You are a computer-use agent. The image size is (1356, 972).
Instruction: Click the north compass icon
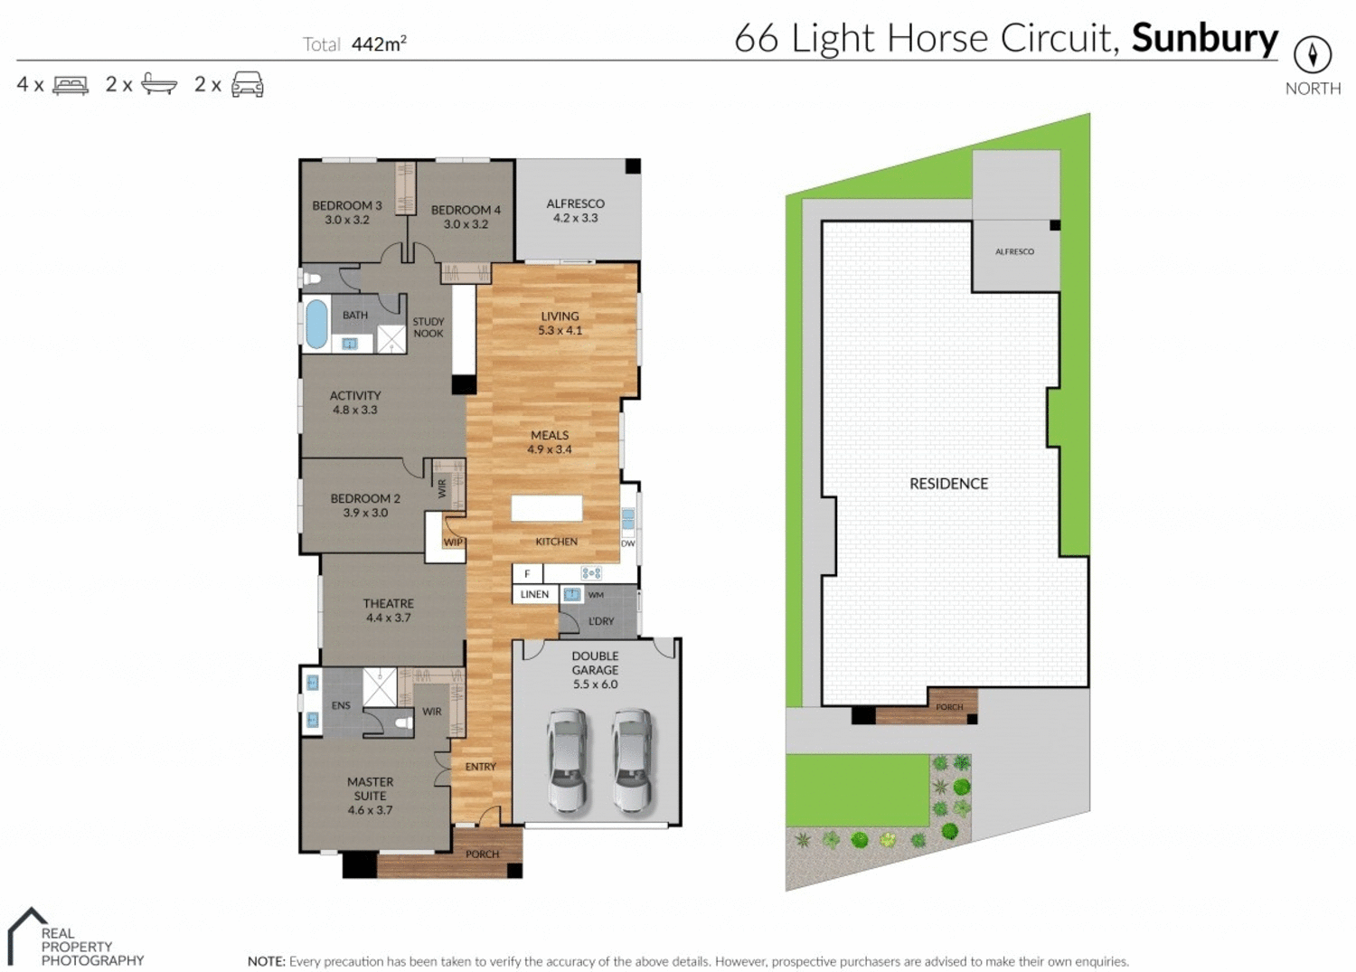coord(1312,54)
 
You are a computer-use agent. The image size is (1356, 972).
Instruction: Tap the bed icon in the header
coord(71,85)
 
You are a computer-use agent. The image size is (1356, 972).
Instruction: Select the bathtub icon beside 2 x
coord(159,85)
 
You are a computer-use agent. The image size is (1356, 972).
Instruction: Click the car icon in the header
coord(248,84)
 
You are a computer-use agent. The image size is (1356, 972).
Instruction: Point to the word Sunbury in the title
coord(1204,39)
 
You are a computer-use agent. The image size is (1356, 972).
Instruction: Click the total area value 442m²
coord(379,44)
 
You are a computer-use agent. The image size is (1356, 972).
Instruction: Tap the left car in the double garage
coord(567,760)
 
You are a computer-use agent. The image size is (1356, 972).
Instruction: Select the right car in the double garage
coord(632,760)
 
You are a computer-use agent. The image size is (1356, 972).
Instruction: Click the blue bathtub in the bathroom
coord(316,324)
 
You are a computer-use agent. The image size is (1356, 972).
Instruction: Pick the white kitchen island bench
coord(547,508)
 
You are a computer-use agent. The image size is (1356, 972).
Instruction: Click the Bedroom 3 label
coord(347,205)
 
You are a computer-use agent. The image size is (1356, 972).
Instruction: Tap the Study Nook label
coord(428,327)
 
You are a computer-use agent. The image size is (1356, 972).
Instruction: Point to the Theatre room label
coord(389,603)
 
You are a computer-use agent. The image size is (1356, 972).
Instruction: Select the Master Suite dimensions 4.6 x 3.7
coord(371,810)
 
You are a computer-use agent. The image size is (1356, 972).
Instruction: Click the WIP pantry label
coord(453,543)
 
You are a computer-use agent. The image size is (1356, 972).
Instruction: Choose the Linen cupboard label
coord(534,594)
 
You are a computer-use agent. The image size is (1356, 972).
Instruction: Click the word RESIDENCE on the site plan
coord(948,484)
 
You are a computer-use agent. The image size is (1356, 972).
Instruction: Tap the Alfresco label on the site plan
coord(1014,251)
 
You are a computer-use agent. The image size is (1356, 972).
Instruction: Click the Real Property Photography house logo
coord(25,936)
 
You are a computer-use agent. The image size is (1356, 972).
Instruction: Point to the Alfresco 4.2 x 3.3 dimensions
coord(576,218)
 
